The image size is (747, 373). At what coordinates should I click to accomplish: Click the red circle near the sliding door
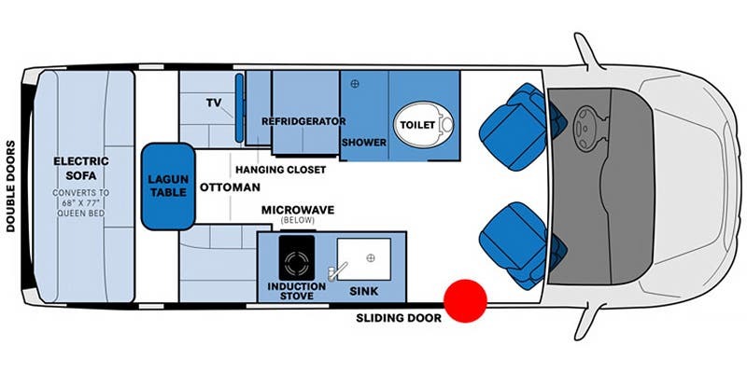point(465,301)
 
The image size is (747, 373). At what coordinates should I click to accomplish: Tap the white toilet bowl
point(423,125)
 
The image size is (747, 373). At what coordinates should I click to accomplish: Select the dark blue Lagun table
point(168,186)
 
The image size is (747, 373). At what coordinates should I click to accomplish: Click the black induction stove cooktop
point(296,257)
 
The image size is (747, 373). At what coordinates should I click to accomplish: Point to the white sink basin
point(364,259)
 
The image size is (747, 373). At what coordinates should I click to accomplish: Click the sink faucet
point(336,271)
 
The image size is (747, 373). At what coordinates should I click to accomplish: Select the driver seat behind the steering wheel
point(519,127)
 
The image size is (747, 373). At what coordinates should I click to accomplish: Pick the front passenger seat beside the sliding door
point(519,245)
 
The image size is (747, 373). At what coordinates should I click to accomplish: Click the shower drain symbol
point(355,84)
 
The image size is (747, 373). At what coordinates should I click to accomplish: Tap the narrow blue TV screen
point(239,108)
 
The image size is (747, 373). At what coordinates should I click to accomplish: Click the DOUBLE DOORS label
point(10,186)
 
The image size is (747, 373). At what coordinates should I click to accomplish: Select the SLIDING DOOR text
point(399,318)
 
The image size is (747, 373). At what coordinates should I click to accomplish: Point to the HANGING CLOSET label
point(281,170)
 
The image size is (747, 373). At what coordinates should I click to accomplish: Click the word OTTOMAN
point(230,187)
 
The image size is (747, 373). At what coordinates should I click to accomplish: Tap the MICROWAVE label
point(298,210)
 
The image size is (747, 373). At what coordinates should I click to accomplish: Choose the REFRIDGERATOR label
point(303,121)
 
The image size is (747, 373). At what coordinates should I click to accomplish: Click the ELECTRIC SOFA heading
point(81,169)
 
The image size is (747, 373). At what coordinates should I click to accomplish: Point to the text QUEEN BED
point(81,214)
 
